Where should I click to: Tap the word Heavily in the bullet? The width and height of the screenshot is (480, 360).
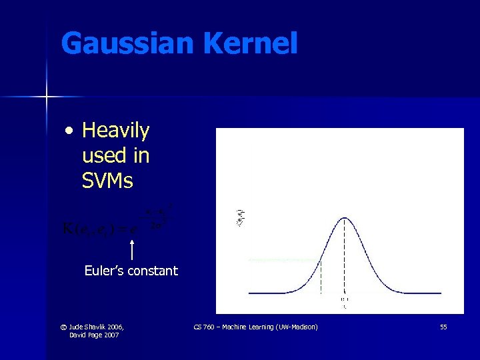pos(115,131)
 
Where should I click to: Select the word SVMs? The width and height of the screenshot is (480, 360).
pos(107,181)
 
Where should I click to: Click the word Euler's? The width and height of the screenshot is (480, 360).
pos(105,271)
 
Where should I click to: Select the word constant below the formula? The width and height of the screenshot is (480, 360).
pos(153,271)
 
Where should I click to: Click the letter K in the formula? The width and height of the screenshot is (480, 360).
pos(69,230)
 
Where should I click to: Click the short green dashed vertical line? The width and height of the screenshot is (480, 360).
pos(321,277)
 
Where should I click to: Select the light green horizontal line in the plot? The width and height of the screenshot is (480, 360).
pos(283,259)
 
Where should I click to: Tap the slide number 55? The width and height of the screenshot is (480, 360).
pos(443,327)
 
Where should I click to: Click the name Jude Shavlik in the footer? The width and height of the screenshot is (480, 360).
pos(87,327)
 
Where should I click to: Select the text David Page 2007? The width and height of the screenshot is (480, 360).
pos(94,335)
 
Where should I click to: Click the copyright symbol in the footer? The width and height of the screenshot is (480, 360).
pos(62,327)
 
